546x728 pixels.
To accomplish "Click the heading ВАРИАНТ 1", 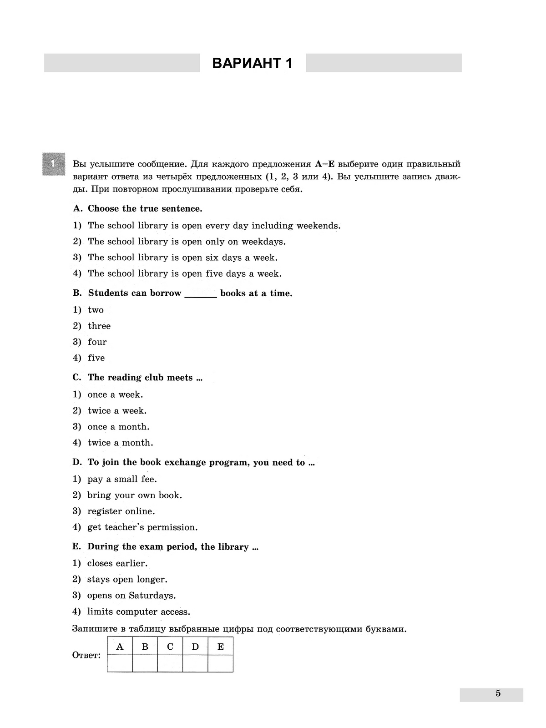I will pos(253,63).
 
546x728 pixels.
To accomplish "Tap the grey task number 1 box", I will pos(54,164).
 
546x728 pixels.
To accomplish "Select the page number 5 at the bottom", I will pos(498,693).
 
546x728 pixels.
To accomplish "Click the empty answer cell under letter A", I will pos(120,663).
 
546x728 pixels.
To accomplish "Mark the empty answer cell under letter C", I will pos(170,663).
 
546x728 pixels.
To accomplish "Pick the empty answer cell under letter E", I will pos(221,663).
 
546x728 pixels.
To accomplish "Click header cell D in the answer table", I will pos(195,647).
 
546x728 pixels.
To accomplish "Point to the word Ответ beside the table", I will pos(86,655).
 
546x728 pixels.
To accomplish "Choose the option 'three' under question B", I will pos(99,326).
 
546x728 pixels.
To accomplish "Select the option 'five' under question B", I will pos(96,358).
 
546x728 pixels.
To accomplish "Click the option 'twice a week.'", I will pos(117,411).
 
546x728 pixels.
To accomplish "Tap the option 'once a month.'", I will pos(118,427).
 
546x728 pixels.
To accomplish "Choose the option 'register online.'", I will pos(121,511).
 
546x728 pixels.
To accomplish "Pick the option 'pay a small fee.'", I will pos(122,479).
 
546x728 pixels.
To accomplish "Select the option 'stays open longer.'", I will pos(127,580).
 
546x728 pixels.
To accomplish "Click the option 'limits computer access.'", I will pos(139,612).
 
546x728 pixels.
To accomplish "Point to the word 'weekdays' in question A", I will pos(263,242).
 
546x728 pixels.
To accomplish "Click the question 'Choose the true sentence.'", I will pos(145,209).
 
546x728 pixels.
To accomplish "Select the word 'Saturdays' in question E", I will pos(152,596).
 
